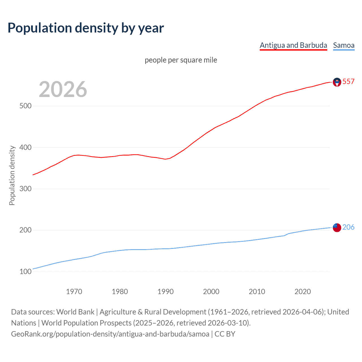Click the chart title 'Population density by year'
(x=86, y=28)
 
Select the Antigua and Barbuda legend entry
(x=293, y=45)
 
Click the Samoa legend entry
(x=344, y=45)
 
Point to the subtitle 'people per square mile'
(x=181, y=60)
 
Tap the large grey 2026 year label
(x=63, y=89)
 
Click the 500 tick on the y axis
(x=25, y=106)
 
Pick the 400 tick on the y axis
(x=25, y=147)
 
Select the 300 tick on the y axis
(x=25, y=189)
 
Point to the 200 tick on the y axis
(x=25, y=230)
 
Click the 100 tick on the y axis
(x=25, y=271)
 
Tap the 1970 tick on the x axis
(x=74, y=292)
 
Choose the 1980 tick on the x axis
(x=120, y=292)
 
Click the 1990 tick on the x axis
(x=165, y=292)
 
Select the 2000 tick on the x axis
(x=211, y=292)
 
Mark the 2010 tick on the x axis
(x=257, y=292)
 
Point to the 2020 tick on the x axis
(x=303, y=292)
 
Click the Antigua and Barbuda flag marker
(x=337, y=82)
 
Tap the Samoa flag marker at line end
(x=337, y=227)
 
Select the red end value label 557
(x=348, y=81)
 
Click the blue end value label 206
(x=348, y=227)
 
